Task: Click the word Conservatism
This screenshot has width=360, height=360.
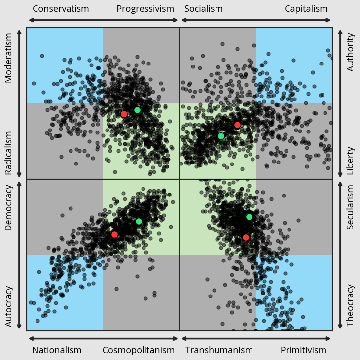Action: point(61,9)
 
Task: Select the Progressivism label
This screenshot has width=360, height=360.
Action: point(145,9)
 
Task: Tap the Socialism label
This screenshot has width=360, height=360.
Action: point(204,9)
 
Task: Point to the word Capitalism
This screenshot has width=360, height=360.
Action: point(306,9)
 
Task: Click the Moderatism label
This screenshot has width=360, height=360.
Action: point(8,58)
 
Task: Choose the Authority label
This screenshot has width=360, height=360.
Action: point(351,52)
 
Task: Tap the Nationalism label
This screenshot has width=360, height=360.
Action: point(57,350)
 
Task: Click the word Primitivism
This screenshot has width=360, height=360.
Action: point(304,350)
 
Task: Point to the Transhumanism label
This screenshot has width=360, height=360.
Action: point(219,350)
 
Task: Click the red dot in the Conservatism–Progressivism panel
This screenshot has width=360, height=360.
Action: point(124,114)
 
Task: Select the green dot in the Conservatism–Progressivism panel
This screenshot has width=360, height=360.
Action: point(137,110)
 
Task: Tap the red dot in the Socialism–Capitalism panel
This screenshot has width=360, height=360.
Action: point(237,125)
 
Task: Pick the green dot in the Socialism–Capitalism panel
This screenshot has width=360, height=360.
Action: point(221,136)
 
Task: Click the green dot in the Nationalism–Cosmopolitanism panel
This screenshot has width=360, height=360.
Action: point(139,221)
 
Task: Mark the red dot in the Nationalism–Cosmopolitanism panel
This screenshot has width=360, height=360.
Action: point(114,234)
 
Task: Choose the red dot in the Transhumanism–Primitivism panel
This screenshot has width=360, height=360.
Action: point(246,237)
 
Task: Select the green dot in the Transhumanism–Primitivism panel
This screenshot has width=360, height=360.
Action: point(249,217)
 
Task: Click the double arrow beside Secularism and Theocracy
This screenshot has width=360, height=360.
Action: point(340,255)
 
